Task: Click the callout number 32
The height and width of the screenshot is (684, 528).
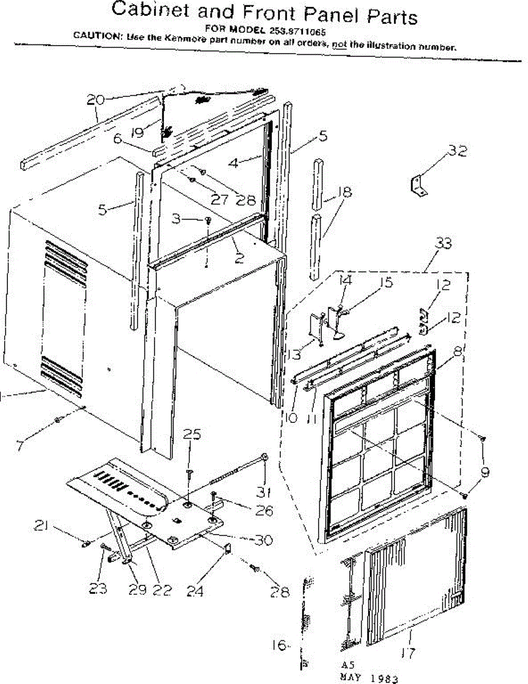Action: point(457,151)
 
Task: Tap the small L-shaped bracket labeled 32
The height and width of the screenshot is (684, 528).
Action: point(418,186)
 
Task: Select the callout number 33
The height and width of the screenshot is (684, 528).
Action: point(444,244)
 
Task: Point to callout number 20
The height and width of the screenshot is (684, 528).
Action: point(95,99)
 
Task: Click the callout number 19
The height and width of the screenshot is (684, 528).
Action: point(136,133)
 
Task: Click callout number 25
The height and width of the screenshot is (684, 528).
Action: point(193,435)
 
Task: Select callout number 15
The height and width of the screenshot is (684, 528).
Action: point(386,283)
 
